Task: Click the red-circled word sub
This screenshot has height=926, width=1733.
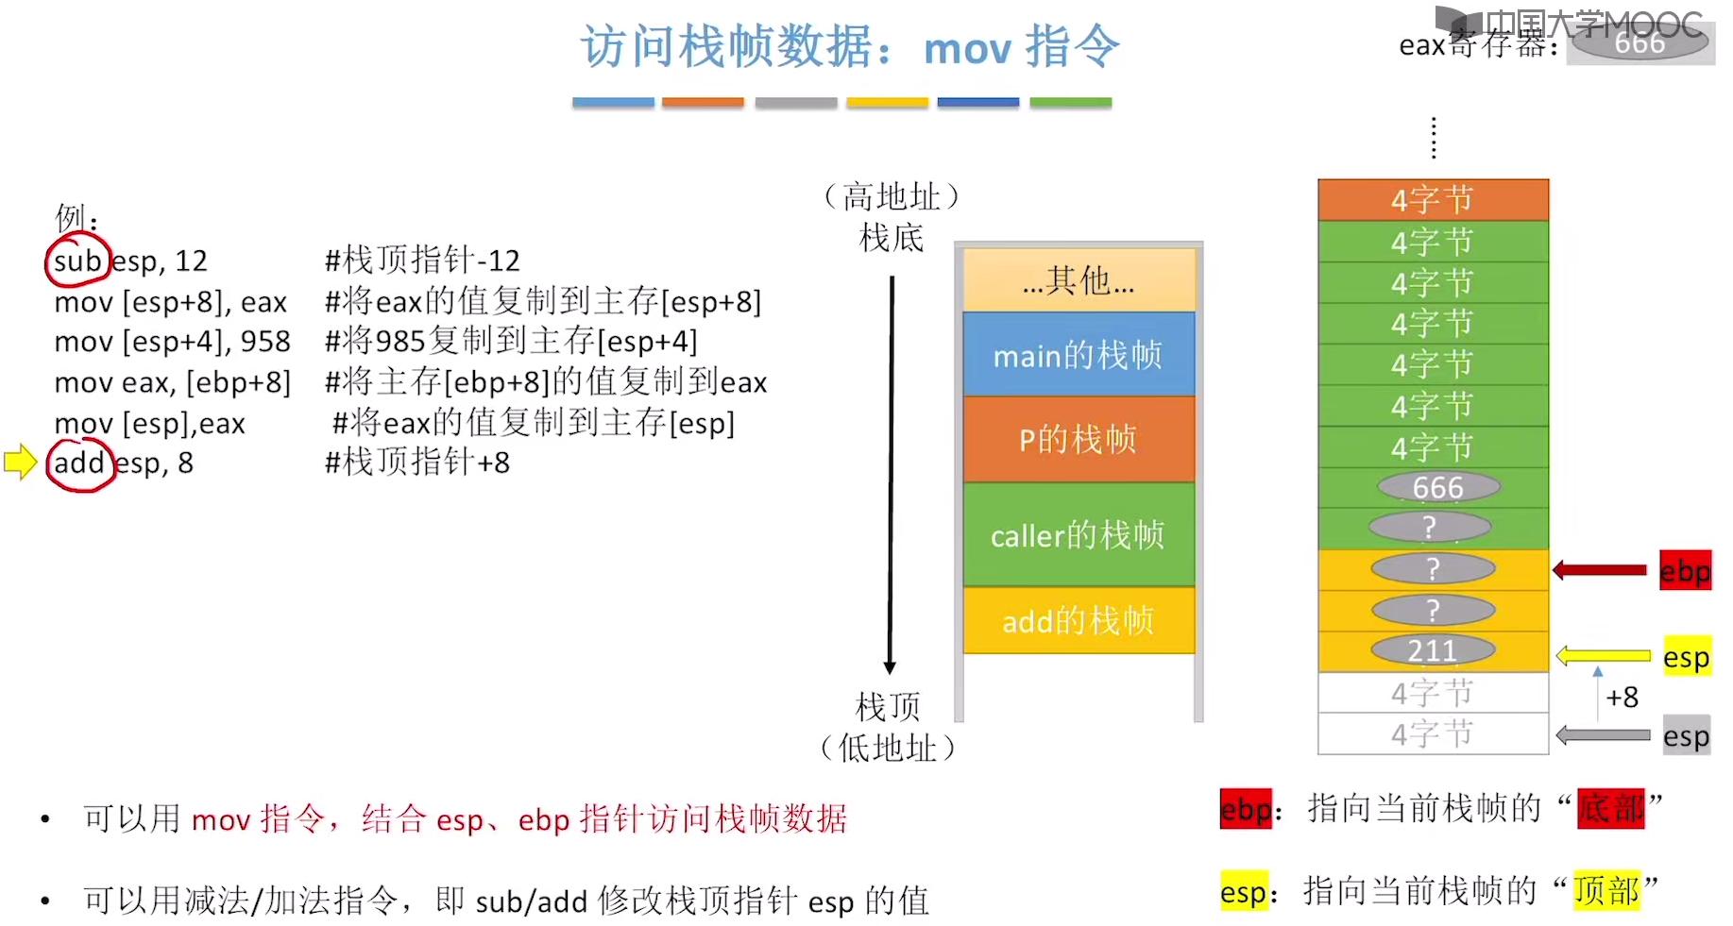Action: [77, 261]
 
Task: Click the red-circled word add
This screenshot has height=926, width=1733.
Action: [79, 463]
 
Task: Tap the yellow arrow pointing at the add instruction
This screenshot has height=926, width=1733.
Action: [20, 462]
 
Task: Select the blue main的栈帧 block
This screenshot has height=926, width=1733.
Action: [1078, 355]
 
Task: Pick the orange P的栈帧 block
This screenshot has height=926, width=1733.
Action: [1078, 439]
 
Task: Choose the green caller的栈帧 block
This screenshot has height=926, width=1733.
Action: [1078, 534]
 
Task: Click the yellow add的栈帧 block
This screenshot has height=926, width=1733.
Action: [1078, 620]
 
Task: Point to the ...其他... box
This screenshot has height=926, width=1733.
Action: [1078, 280]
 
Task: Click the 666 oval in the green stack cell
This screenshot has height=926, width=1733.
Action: [1437, 487]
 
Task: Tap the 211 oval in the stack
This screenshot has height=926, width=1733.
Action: [1433, 650]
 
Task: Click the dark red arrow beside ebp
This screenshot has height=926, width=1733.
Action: [1600, 570]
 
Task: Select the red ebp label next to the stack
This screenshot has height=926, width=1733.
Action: [1685, 570]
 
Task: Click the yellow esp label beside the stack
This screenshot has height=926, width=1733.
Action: [1686, 657]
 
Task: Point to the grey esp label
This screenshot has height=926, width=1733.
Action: [1686, 735]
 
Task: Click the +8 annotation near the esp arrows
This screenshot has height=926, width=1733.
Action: [1623, 697]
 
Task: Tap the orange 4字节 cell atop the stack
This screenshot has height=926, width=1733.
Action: [1433, 200]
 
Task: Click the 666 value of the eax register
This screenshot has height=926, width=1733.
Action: [1640, 43]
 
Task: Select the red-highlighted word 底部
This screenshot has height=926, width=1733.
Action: [1610, 809]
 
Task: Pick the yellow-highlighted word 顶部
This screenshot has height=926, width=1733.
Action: [1606, 890]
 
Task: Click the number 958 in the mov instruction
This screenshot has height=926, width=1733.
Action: [265, 342]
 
